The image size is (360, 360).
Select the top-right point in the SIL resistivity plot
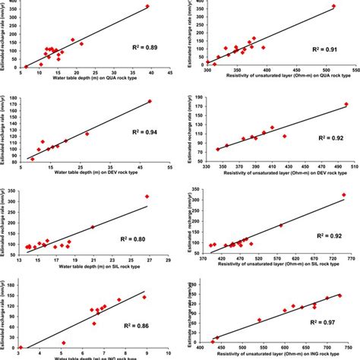pos(342,194)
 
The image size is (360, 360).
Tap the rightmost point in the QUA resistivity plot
pos(333,7)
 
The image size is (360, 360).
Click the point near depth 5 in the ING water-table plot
pos(63,343)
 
